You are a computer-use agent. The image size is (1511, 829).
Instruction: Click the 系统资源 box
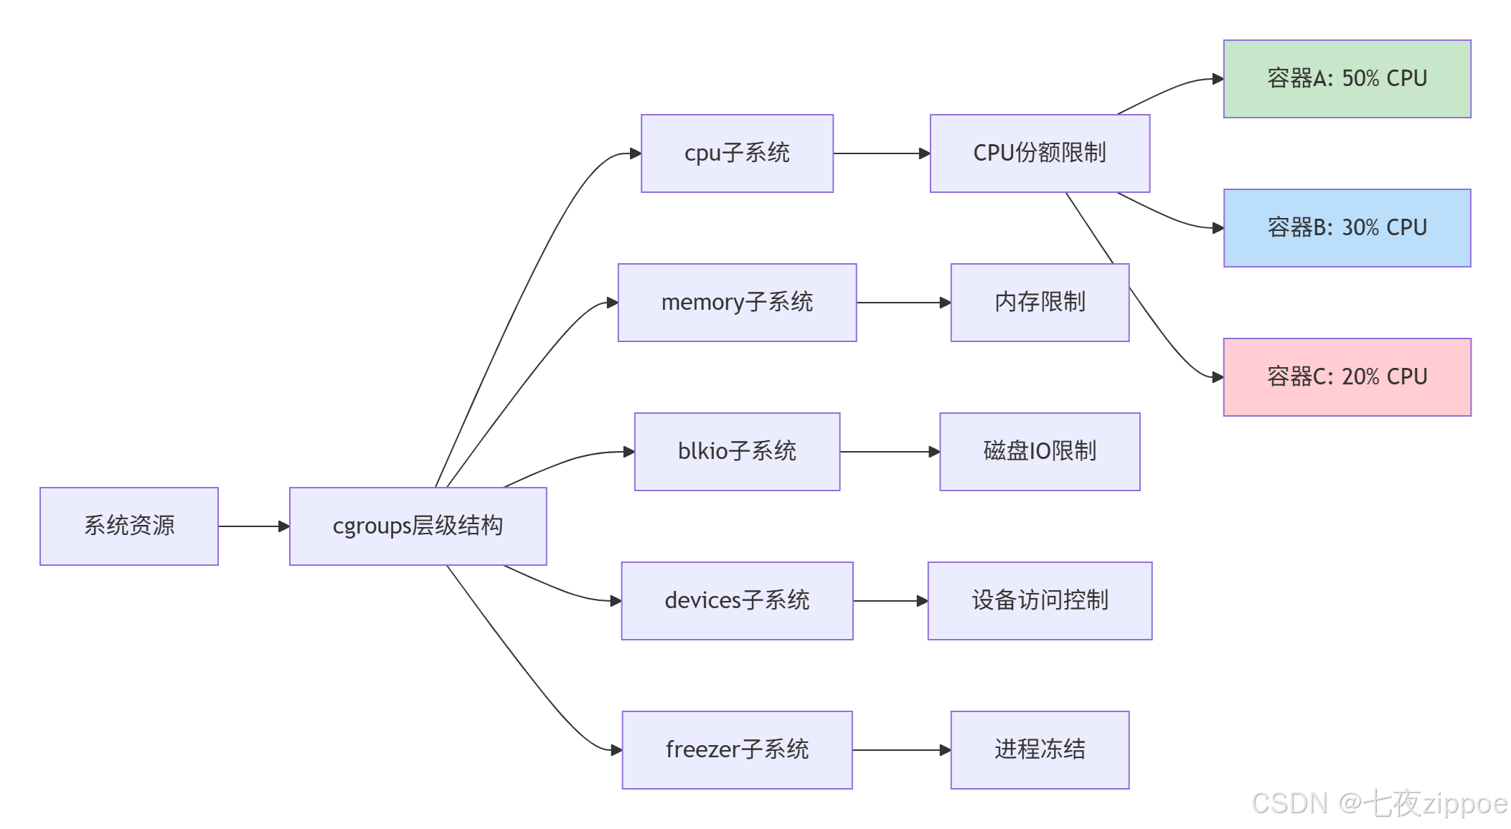point(129,526)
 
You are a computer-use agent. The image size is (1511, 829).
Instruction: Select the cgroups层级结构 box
point(418,526)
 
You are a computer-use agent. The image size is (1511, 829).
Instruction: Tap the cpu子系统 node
point(737,153)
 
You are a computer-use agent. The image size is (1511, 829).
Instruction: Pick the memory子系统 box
point(737,302)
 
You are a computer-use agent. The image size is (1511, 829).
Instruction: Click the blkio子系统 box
point(737,451)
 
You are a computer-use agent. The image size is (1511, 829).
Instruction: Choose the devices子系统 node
point(737,600)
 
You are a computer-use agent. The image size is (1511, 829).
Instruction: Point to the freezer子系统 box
point(737,749)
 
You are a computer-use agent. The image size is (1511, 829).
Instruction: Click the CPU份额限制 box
point(1040,153)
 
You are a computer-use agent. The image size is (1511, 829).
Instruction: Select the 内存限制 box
point(1040,302)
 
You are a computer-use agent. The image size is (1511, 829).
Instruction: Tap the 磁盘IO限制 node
point(1040,451)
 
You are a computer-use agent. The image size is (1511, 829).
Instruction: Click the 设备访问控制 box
point(1040,600)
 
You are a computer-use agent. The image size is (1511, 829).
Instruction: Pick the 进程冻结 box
point(1040,749)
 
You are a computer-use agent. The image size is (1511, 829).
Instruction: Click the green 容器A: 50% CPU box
point(1347,78)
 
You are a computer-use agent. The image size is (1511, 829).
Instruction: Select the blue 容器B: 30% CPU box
point(1347,227)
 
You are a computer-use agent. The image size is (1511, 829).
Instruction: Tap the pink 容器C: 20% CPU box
point(1347,376)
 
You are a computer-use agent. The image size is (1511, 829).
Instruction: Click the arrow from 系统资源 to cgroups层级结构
point(253,526)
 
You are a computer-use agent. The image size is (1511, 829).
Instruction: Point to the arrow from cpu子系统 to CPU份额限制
point(881,153)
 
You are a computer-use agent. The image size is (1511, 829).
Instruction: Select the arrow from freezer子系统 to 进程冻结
point(901,750)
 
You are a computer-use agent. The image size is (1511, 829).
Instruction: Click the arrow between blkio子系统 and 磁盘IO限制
point(890,452)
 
